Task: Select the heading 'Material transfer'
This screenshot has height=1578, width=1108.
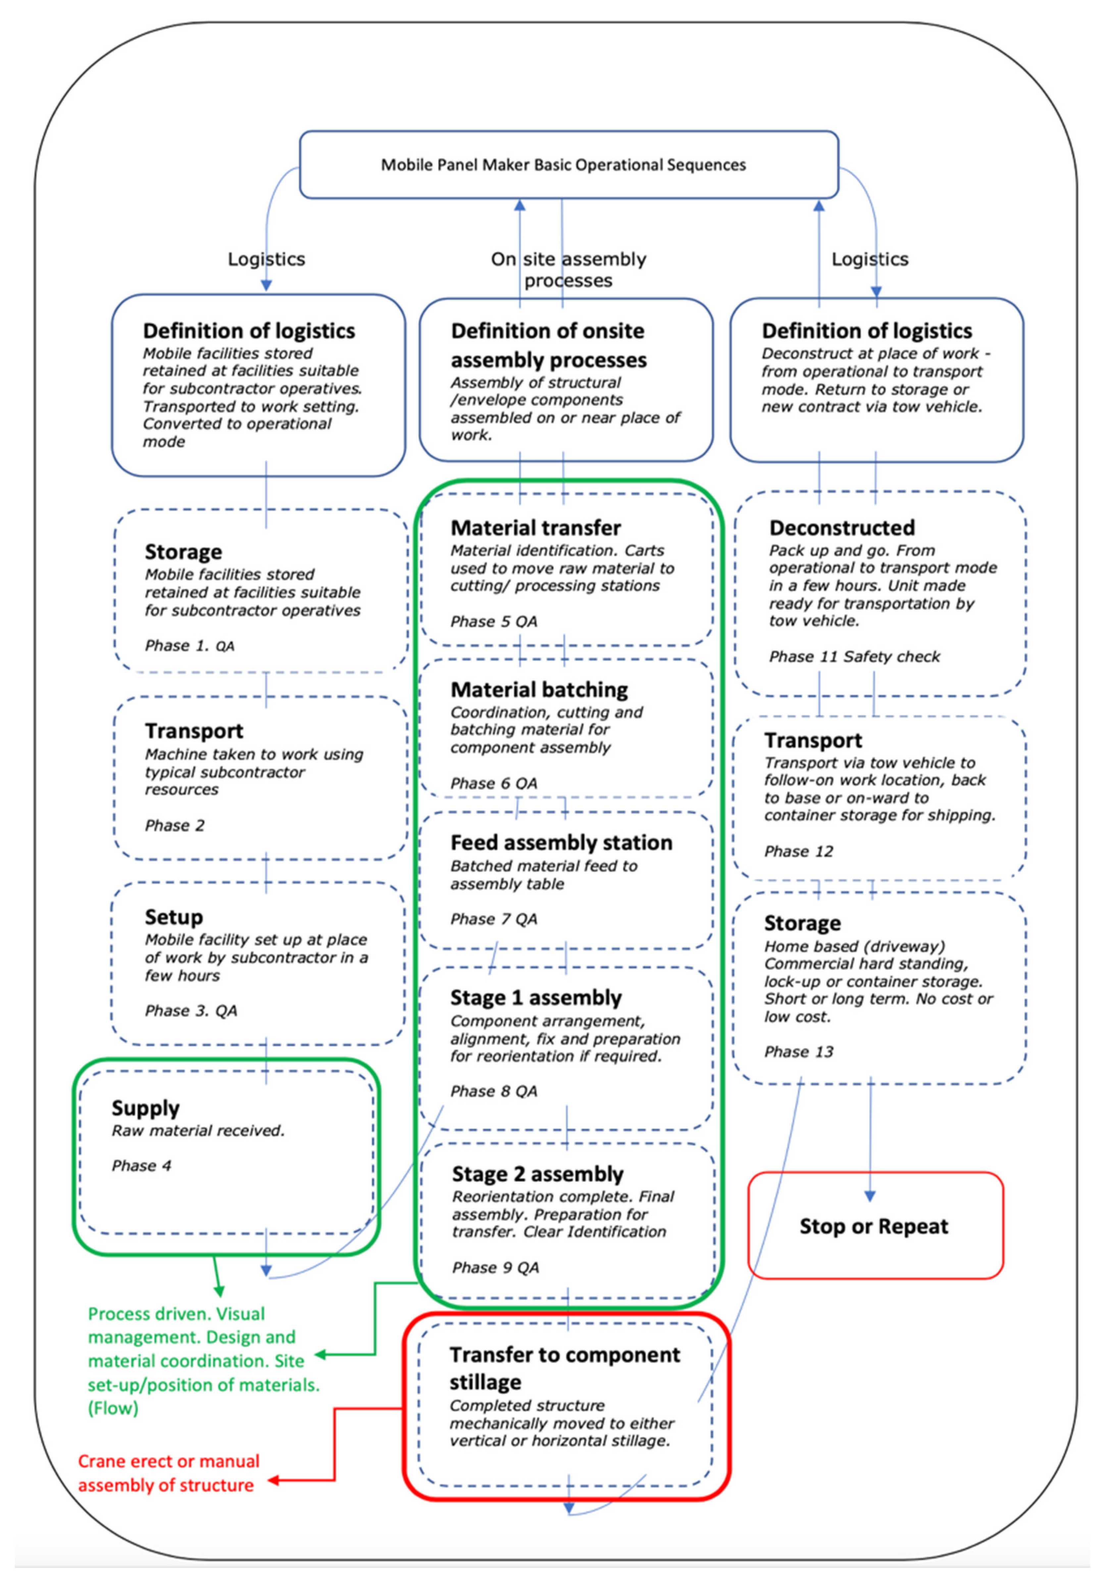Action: (535, 528)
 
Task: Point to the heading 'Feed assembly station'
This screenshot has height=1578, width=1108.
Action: (561, 842)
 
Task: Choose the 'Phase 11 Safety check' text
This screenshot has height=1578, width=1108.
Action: (854, 656)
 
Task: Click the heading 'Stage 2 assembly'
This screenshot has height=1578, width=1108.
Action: (537, 1174)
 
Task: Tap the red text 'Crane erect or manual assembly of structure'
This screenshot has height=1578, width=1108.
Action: (169, 1473)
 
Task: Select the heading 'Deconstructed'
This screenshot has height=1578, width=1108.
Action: (841, 528)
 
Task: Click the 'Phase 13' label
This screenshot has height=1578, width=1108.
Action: (798, 1051)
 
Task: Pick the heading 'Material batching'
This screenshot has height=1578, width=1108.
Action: (539, 689)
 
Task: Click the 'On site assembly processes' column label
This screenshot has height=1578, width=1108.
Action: (569, 270)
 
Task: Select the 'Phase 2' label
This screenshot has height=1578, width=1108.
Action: (175, 825)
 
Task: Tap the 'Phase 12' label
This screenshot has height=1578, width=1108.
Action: (798, 851)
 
